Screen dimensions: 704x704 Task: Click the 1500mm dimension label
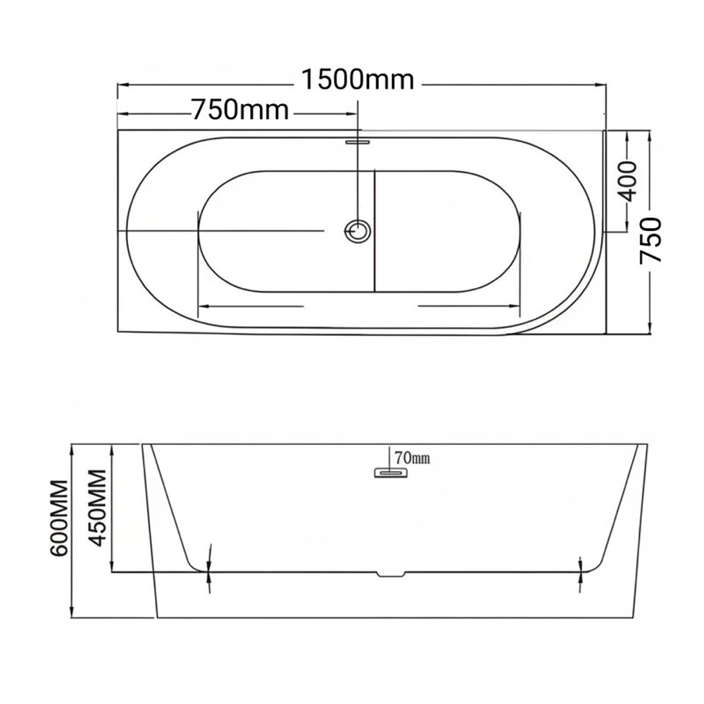[x=358, y=80]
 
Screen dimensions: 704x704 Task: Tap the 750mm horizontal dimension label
[x=240, y=110]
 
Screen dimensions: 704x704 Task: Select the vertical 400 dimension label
[x=627, y=182]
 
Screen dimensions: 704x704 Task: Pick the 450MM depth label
[x=97, y=508]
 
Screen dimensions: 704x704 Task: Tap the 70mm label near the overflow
[x=412, y=458]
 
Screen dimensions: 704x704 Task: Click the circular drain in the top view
[x=358, y=231]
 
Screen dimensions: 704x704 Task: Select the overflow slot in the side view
[x=391, y=472]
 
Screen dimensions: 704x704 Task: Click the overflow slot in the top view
[x=358, y=142]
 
